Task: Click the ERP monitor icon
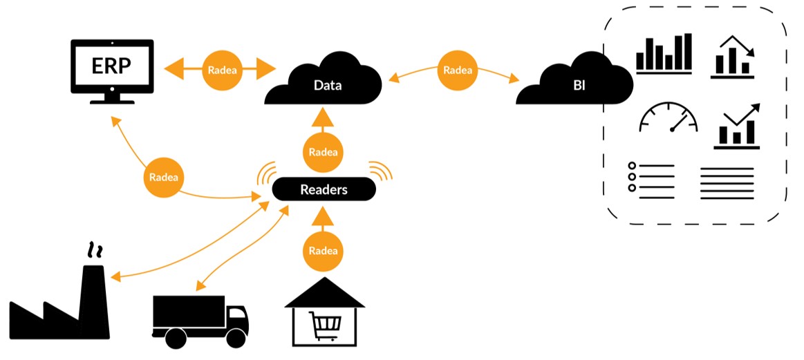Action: [x=112, y=68]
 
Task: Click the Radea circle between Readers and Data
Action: [x=324, y=152]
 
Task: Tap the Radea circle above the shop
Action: [x=324, y=250]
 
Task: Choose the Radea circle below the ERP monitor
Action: [x=164, y=177]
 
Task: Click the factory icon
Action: [x=62, y=311]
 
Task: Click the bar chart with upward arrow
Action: [x=737, y=126]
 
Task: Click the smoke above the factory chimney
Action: [x=93, y=249]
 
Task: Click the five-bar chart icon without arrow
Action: [x=664, y=54]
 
